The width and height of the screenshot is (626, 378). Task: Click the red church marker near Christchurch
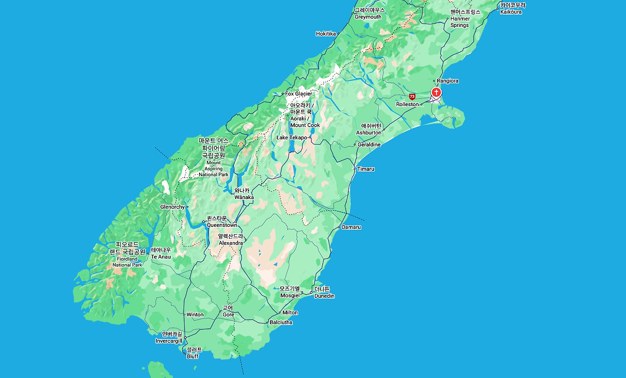tap(436, 92)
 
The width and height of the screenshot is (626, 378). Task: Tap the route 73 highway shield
tap(412, 97)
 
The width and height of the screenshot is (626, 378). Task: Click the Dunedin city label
tap(323, 292)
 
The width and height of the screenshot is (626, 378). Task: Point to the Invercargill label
tap(169, 338)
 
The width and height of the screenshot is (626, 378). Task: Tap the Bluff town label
tap(194, 353)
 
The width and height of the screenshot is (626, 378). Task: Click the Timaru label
tap(365, 169)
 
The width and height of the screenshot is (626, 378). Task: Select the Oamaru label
tap(351, 227)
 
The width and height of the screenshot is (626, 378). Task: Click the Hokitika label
tap(326, 34)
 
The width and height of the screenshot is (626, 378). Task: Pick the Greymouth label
tap(369, 13)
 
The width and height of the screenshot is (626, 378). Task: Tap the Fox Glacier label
tap(298, 94)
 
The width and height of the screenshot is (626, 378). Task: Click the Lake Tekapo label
tap(291, 138)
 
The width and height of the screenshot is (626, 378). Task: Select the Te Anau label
tap(161, 253)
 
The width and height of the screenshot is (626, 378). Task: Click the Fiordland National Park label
tap(127, 254)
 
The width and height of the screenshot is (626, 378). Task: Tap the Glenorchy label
tap(172, 207)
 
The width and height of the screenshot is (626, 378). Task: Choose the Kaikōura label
tap(512, 8)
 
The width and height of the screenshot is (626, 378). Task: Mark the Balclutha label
tap(281, 323)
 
